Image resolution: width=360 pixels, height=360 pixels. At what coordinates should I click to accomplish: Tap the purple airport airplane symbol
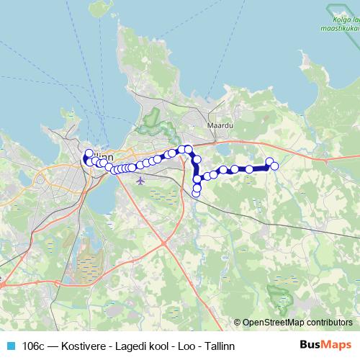[x=140, y=179]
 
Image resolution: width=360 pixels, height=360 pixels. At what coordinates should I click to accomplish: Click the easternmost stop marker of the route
[x=274, y=166]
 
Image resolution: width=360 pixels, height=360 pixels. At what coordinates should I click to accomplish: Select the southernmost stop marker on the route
[x=196, y=194]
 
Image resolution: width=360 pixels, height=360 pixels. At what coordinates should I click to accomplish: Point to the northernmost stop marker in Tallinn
[x=89, y=153]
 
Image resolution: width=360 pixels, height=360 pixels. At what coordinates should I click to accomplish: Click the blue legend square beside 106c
[x=9, y=346]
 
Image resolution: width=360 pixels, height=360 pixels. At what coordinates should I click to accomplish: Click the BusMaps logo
[x=325, y=346]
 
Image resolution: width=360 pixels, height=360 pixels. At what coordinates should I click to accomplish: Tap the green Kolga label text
[x=341, y=19]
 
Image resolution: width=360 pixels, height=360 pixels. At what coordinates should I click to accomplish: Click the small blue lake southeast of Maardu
[x=222, y=149]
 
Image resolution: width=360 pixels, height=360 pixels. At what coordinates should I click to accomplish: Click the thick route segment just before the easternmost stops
[x=259, y=168]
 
